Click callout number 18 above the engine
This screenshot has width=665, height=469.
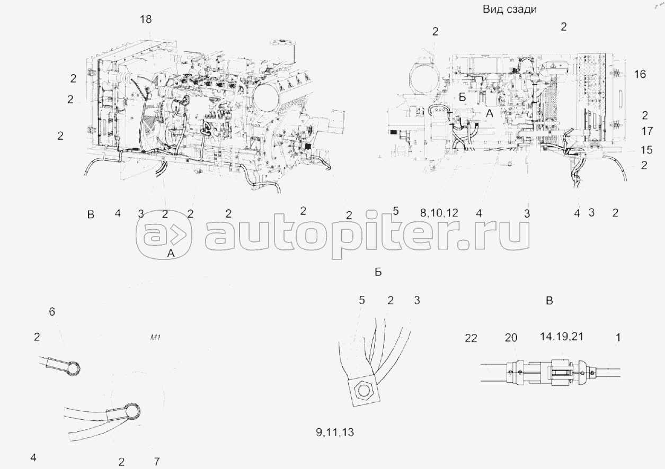click(x=146, y=20)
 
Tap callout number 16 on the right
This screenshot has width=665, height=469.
click(x=640, y=75)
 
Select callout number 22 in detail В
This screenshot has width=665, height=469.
click(x=473, y=338)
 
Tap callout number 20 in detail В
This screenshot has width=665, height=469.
click(x=511, y=338)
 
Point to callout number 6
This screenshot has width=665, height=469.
click(x=51, y=312)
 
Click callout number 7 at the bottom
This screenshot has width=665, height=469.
click(x=156, y=461)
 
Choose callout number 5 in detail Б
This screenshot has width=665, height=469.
click(x=362, y=300)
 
